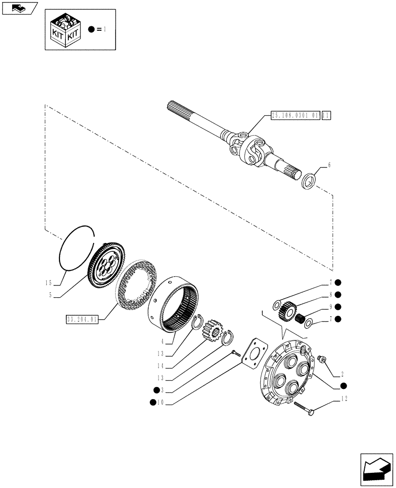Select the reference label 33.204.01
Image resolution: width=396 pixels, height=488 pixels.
tap(82, 319)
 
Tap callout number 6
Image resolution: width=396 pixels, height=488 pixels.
tap(329, 165)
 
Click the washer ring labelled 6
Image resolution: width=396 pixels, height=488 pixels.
tap(309, 183)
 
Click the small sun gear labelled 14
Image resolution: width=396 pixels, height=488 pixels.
tap(211, 331)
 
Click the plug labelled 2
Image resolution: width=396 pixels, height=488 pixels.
tap(321, 360)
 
